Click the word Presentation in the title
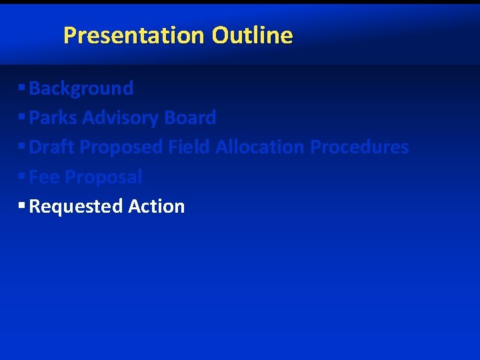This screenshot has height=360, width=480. point(135,35)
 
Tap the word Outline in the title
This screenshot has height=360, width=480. point(253,35)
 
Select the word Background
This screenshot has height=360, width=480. point(81,88)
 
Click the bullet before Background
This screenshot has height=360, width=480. point(22,87)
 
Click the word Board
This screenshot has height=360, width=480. point(190,117)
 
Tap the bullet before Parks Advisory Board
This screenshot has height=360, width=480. point(22,117)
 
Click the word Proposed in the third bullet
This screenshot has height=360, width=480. point(121,147)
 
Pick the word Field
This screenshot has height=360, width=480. point(189,147)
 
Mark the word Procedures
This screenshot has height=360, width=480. point(360,147)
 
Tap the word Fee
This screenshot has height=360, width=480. point(44,177)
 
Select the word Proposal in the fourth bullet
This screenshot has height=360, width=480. point(103,177)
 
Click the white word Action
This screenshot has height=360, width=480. point(157,206)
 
